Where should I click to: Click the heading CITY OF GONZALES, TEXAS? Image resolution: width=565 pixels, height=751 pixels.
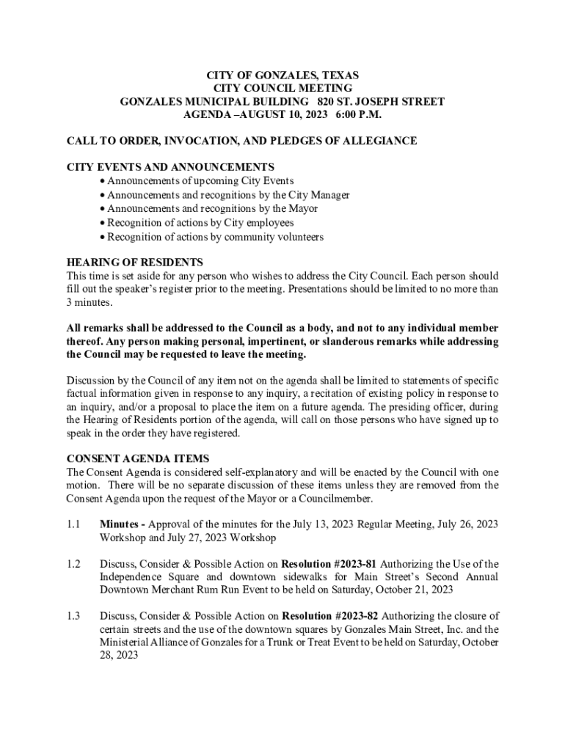(282, 76)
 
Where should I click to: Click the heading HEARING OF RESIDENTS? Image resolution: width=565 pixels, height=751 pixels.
(134, 262)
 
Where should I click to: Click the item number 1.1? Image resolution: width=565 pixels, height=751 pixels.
(73, 524)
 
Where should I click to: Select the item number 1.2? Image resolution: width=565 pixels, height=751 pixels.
(73, 564)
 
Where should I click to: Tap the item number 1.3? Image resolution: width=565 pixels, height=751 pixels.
(73, 616)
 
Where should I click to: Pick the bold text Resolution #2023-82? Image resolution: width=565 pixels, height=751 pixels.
(329, 616)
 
